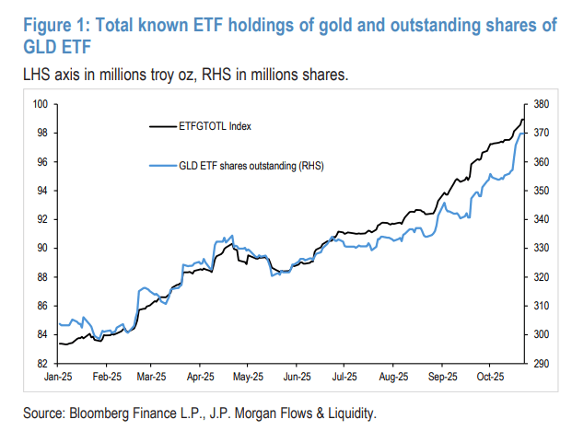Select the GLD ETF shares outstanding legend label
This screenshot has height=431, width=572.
252,166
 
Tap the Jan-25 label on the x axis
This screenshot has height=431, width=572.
59,378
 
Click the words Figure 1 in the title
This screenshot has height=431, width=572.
48,25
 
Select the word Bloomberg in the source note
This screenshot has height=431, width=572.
103,412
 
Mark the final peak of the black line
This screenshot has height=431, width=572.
522,119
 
